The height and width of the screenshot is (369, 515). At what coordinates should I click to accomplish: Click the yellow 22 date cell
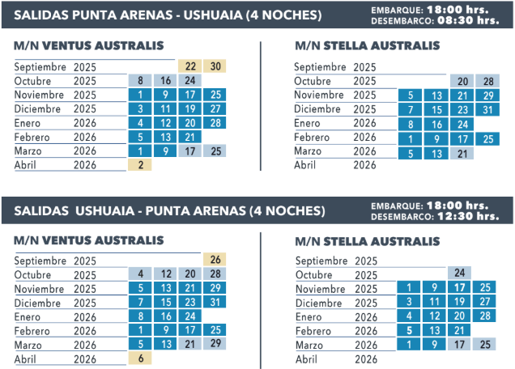[x=190, y=66]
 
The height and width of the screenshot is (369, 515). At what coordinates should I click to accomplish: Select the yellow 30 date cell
[x=215, y=66]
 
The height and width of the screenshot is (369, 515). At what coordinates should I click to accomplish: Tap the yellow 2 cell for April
[x=140, y=165]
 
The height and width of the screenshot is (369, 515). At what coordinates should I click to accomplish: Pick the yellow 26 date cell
[x=215, y=260]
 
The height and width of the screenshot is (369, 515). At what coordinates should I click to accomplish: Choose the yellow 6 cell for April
[x=140, y=358]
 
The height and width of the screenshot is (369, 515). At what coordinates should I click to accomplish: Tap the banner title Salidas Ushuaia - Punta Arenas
[x=169, y=210]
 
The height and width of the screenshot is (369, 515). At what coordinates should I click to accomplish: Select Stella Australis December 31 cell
[x=487, y=109]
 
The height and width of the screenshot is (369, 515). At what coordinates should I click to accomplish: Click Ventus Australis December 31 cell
[x=215, y=302]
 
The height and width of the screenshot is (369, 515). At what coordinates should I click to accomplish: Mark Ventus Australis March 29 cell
[x=215, y=344]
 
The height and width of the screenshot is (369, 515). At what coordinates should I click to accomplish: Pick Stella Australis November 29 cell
[x=487, y=95]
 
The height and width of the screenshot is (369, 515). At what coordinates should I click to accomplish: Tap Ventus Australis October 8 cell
[x=140, y=81]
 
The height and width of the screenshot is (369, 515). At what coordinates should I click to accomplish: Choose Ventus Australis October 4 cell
[x=140, y=274]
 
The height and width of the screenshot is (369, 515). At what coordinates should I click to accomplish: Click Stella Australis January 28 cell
[x=485, y=316]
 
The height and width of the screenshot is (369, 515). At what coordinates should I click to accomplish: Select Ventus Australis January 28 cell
[x=215, y=123]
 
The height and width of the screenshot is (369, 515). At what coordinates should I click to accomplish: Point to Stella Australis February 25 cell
[x=487, y=138]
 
